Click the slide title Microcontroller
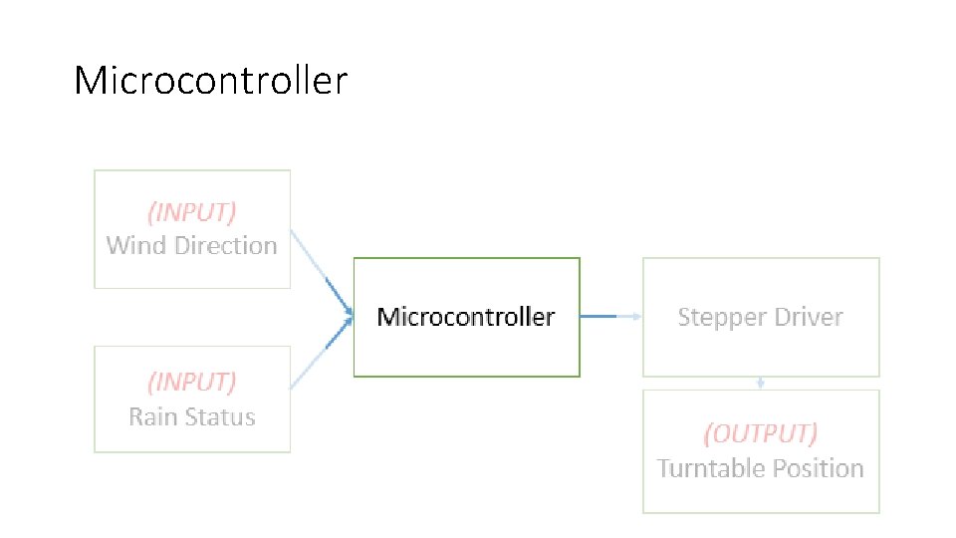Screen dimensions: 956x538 point(210,80)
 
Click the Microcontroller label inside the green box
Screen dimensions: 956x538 point(466,317)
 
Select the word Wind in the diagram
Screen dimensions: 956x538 point(136,245)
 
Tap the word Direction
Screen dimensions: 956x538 point(226,245)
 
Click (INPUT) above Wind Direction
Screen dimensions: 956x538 point(192,212)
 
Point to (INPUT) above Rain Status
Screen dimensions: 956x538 point(192,383)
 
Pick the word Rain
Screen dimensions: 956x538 point(153,417)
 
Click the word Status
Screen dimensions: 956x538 point(220,417)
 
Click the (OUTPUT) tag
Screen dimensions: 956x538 point(760,433)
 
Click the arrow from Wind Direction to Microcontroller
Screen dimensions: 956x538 point(322,273)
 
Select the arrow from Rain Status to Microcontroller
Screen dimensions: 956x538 point(322,353)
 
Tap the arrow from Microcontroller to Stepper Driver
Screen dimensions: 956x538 point(610,316)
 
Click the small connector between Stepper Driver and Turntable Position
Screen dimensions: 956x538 point(760,383)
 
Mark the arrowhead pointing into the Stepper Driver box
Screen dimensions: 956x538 point(637,316)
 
